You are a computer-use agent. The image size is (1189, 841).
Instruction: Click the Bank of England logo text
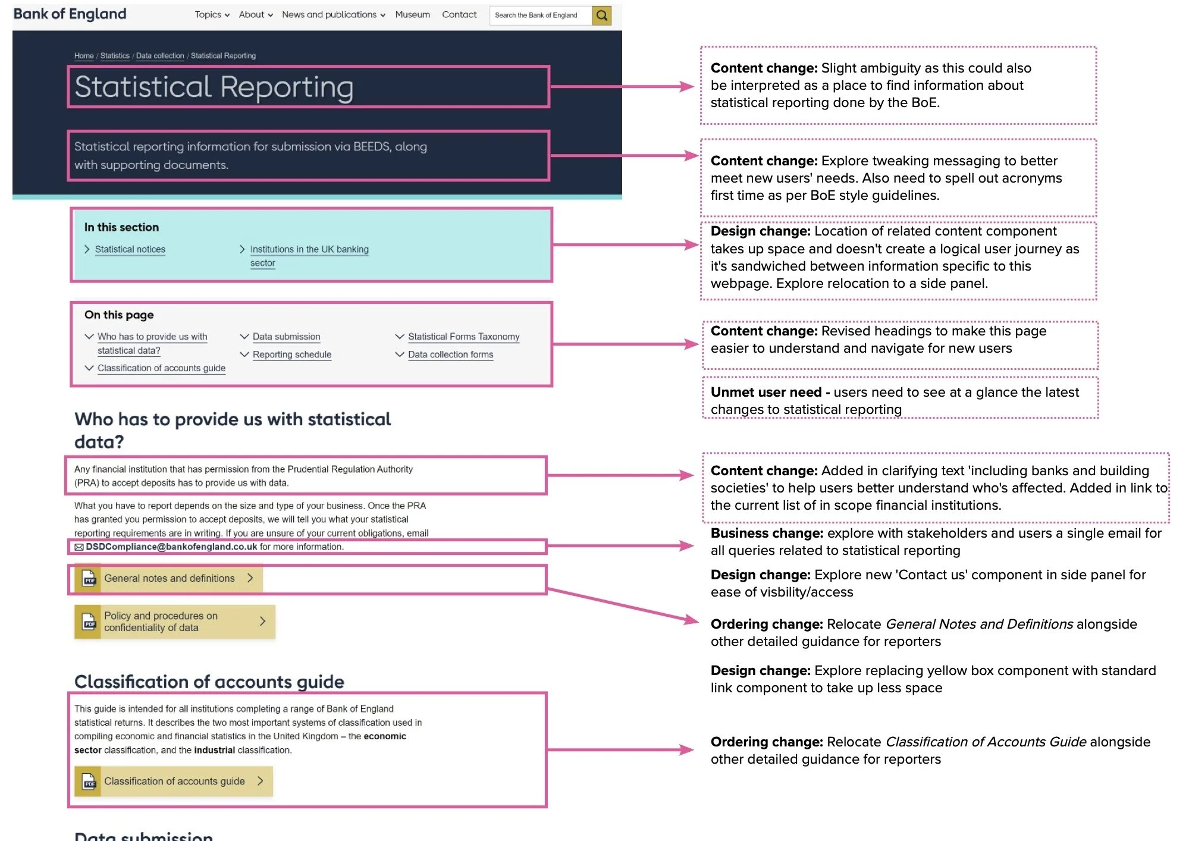point(70,14)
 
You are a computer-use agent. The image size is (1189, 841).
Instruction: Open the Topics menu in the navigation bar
point(212,14)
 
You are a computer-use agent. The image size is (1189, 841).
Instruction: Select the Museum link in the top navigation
point(412,14)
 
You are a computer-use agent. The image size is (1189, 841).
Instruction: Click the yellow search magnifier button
point(601,15)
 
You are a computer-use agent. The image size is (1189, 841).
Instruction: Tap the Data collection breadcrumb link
point(160,56)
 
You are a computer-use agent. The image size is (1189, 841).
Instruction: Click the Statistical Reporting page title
point(214,87)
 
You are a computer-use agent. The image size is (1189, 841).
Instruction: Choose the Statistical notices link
point(130,249)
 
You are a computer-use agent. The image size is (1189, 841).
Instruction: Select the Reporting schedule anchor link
point(291,354)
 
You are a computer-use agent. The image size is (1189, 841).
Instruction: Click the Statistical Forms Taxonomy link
point(463,337)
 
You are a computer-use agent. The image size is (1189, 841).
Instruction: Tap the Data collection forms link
point(450,354)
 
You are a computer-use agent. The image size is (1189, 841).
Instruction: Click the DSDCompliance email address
point(171,547)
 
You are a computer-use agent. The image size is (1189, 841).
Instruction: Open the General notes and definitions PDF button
point(169,578)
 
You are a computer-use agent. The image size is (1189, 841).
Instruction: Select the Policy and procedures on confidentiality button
point(174,622)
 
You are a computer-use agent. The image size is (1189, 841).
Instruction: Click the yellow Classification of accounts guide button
point(173,781)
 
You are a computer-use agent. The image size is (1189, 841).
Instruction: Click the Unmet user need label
point(766,393)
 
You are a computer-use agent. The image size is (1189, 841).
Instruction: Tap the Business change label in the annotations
point(767,534)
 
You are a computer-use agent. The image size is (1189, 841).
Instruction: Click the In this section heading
point(121,227)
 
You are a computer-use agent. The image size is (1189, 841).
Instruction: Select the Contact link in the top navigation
point(459,14)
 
